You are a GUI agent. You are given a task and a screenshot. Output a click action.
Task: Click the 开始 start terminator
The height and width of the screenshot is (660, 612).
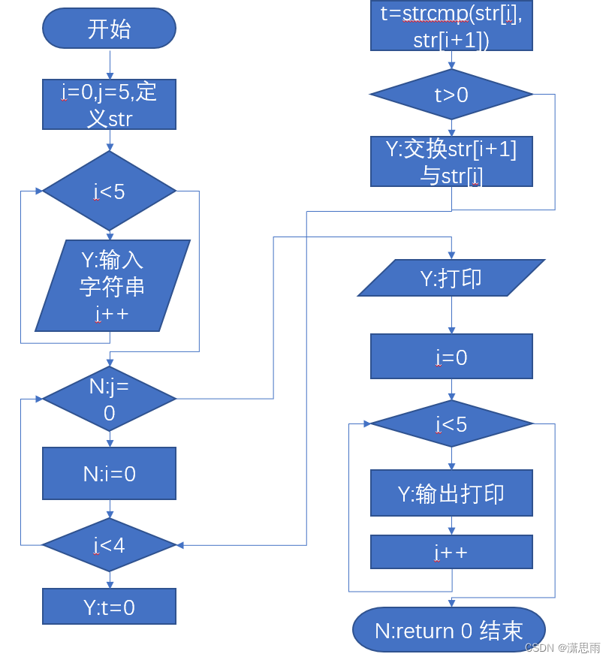(x=109, y=29)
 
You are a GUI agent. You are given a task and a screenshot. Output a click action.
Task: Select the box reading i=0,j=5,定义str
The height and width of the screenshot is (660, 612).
(x=109, y=104)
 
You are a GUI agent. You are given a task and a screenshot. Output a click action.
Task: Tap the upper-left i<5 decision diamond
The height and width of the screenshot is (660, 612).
(x=109, y=191)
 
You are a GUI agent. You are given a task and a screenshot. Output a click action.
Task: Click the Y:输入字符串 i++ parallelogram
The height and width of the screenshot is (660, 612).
(x=113, y=285)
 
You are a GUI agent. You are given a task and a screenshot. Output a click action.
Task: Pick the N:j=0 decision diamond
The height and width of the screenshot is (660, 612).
(x=109, y=399)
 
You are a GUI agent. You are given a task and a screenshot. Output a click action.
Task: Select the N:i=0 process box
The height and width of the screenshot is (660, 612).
(x=109, y=474)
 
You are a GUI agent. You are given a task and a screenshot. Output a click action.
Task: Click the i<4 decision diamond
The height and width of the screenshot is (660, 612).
(x=109, y=545)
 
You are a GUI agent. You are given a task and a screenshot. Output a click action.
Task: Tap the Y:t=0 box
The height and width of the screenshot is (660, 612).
(x=109, y=607)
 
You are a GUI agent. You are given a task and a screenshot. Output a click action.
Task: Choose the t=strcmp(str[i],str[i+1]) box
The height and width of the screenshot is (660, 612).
(x=451, y=26)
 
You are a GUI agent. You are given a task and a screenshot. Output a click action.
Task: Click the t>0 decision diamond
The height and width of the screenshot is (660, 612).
(x=451, y=95)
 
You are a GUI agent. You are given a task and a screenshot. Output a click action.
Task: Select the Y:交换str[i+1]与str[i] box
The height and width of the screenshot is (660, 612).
(x=451, y=161)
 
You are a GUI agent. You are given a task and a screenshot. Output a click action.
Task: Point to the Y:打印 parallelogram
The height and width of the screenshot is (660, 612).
(x=451, y=279)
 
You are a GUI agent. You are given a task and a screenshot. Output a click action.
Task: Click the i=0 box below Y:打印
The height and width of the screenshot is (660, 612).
(x=451, y=357)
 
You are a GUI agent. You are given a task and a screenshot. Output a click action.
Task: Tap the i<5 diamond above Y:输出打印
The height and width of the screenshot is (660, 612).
(x=451, y=424)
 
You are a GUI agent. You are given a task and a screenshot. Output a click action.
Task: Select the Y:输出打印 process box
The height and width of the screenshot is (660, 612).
(x=451, y=493)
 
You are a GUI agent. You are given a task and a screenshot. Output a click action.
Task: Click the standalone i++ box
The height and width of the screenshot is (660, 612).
(x=451, y=553)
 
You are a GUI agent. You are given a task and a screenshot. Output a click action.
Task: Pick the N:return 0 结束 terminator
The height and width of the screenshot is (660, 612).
(x=449, y=630)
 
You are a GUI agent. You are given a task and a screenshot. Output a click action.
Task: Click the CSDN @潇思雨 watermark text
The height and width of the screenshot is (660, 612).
(x=562, y=647)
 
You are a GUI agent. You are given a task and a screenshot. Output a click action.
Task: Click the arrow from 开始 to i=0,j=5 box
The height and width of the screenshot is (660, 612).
(x=110, y=65)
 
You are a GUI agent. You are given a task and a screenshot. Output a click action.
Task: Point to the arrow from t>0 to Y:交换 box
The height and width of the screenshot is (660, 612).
(x=451, y=128)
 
